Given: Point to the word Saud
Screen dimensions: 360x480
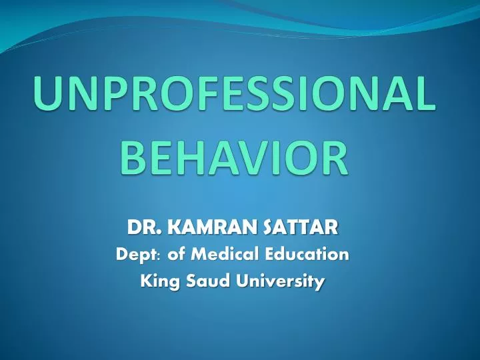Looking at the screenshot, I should tap(201, 281).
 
